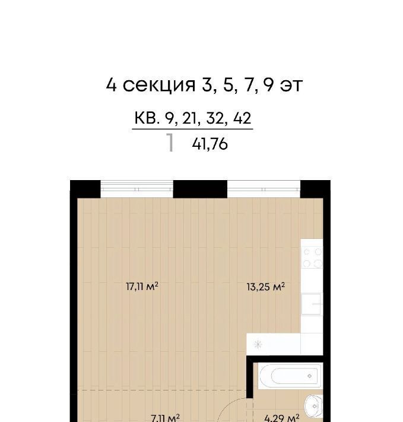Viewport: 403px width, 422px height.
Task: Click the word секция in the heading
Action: tap(159, 86)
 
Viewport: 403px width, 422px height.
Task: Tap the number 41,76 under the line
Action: tap(210, 144)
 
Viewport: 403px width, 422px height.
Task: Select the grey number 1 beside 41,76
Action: tap(170, 143)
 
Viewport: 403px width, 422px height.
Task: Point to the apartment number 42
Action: tap(242, 118)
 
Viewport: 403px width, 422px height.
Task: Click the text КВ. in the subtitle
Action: tap(147, 118)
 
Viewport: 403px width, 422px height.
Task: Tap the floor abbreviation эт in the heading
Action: tap(291, 86)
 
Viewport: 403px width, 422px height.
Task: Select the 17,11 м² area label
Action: tap(142, 286)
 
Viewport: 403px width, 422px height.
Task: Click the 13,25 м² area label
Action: tap(266, 286)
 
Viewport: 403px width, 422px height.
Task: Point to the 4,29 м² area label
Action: tap(282, 418)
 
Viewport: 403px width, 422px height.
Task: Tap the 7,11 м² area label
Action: tap(165, 418)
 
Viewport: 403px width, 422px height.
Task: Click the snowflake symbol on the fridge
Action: tap(258, 345)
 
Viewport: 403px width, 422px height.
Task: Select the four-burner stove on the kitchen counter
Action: tap(312, 258)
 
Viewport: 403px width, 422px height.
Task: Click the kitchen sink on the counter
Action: tap(312, 304)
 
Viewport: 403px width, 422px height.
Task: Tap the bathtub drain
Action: tap(309, 376)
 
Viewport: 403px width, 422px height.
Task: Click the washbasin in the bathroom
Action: tap(314, 407)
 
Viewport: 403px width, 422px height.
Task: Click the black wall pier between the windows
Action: tap(200, 189)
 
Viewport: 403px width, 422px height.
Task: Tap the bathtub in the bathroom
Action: tap(290, 376)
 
